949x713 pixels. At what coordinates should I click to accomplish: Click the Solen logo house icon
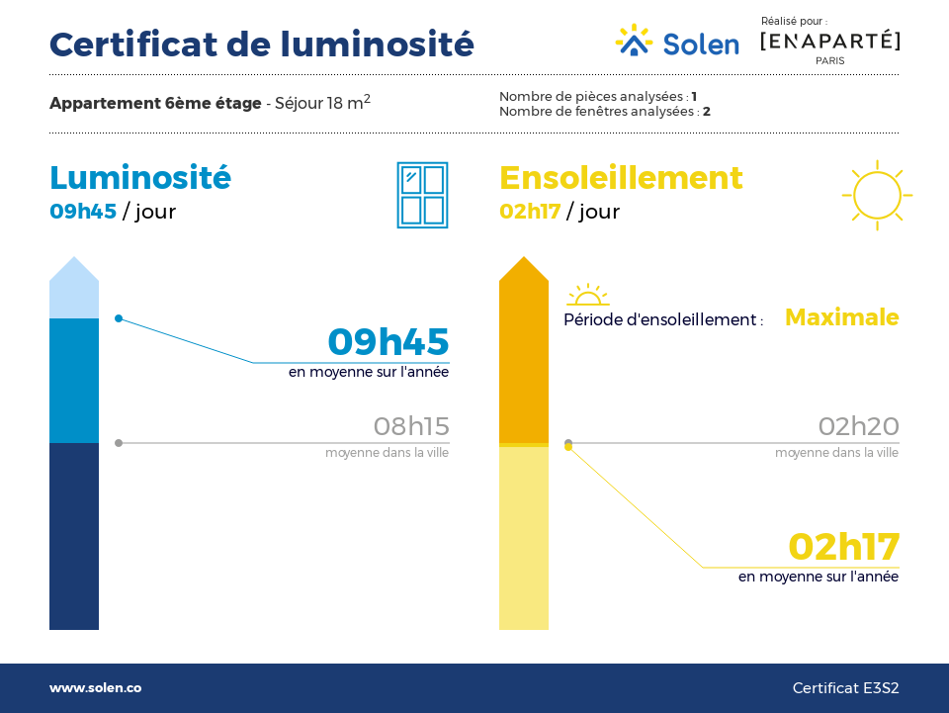click(x=634, y=41)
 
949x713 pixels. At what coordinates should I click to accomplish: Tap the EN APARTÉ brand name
click(x=829, y=42)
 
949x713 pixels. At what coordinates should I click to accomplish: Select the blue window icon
click(x=422, y=195)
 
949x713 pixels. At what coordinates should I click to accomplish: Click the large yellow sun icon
click(x=877, y=195)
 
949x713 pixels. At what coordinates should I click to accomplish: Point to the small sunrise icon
click(x=587, y=295)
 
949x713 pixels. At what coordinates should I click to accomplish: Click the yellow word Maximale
click(x=842, y=317)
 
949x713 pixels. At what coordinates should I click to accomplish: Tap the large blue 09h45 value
click(x=388, y=341)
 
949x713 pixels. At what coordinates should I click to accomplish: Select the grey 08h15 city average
click(x=411, y=426)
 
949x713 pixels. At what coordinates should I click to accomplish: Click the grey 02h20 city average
click(x=859, y=426)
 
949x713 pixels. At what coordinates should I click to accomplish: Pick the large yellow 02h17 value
click(x=844, y=547)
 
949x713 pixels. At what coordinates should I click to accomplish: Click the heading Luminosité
click(x=140, y=177)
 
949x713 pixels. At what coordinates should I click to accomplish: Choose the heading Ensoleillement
click(x=621, y=177)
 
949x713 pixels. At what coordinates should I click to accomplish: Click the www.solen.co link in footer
click(x=96, y=687)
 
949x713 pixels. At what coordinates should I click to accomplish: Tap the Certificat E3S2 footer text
click(x=845, y=688)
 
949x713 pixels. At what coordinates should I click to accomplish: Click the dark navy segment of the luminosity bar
click(x=74, y=536)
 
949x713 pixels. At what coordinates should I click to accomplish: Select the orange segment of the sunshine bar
click(x=524, y=357)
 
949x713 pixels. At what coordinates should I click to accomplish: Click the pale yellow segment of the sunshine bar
click(x=524, y=538)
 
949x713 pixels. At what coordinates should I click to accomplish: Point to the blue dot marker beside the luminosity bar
click(x=119, y=318)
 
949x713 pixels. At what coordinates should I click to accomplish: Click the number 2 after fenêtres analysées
click(x=706, y=112)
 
